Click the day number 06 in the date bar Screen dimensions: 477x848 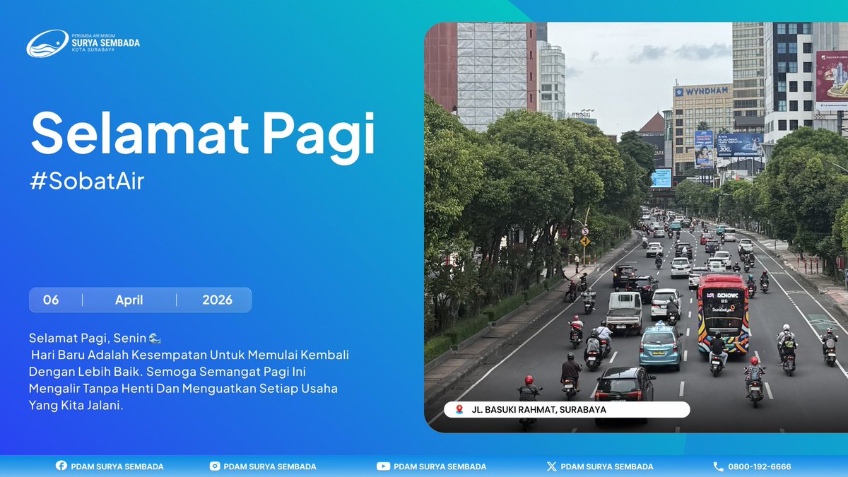[x=51, y=300]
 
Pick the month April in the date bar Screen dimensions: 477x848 [x=129, y=300]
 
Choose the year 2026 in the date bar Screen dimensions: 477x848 [x=217, y=300]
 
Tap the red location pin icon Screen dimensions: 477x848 [x=459, y=410]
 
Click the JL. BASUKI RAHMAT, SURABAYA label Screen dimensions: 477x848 [x=538, y=410]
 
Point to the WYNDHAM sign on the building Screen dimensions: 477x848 [x=702, y=91]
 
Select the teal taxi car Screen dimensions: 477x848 [x=660, y=344]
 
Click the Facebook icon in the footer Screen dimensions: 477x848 [x=61, y=466]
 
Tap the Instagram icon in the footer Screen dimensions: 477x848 [x=215, y=466]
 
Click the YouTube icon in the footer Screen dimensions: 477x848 [x=383, y=466]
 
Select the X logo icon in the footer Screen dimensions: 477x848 [x=551, y=466]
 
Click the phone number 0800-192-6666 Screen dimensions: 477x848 [x=759, y=466]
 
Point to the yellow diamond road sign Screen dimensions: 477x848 [x=585, y=241]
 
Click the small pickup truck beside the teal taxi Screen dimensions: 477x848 [x=624, y=312]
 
